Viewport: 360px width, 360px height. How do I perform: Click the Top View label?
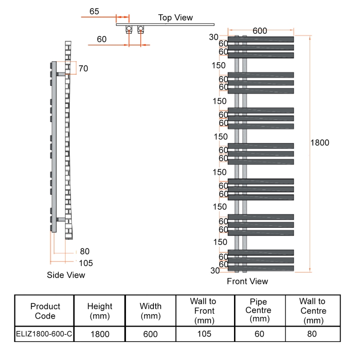click(x=175, y=18)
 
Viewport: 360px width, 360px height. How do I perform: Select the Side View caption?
click(x=66, y=275)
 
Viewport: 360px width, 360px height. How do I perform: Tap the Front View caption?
click(x=247, y=282)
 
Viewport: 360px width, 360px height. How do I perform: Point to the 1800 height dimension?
click(x=320, y=143)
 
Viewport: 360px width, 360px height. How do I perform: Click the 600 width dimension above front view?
click(x=260, y=31)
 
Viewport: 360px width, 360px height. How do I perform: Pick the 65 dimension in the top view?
click(x=94, y=11)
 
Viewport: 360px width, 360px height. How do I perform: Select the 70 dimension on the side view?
click(x=83, y=69)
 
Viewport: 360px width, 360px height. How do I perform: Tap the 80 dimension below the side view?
click(x=85, y=252)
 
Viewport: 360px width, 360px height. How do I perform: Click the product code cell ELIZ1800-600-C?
click(x=44, y=334)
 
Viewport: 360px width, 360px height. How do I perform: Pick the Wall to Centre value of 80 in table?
click(x=312, y=334)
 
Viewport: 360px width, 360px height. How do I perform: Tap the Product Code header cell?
click(x=45, y=311)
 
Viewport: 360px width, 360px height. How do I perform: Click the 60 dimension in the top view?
click(x=102, y=40)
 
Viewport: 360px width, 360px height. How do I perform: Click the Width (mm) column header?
click(x=150, y=311)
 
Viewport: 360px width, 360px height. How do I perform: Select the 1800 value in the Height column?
click(x=99, y=334)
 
